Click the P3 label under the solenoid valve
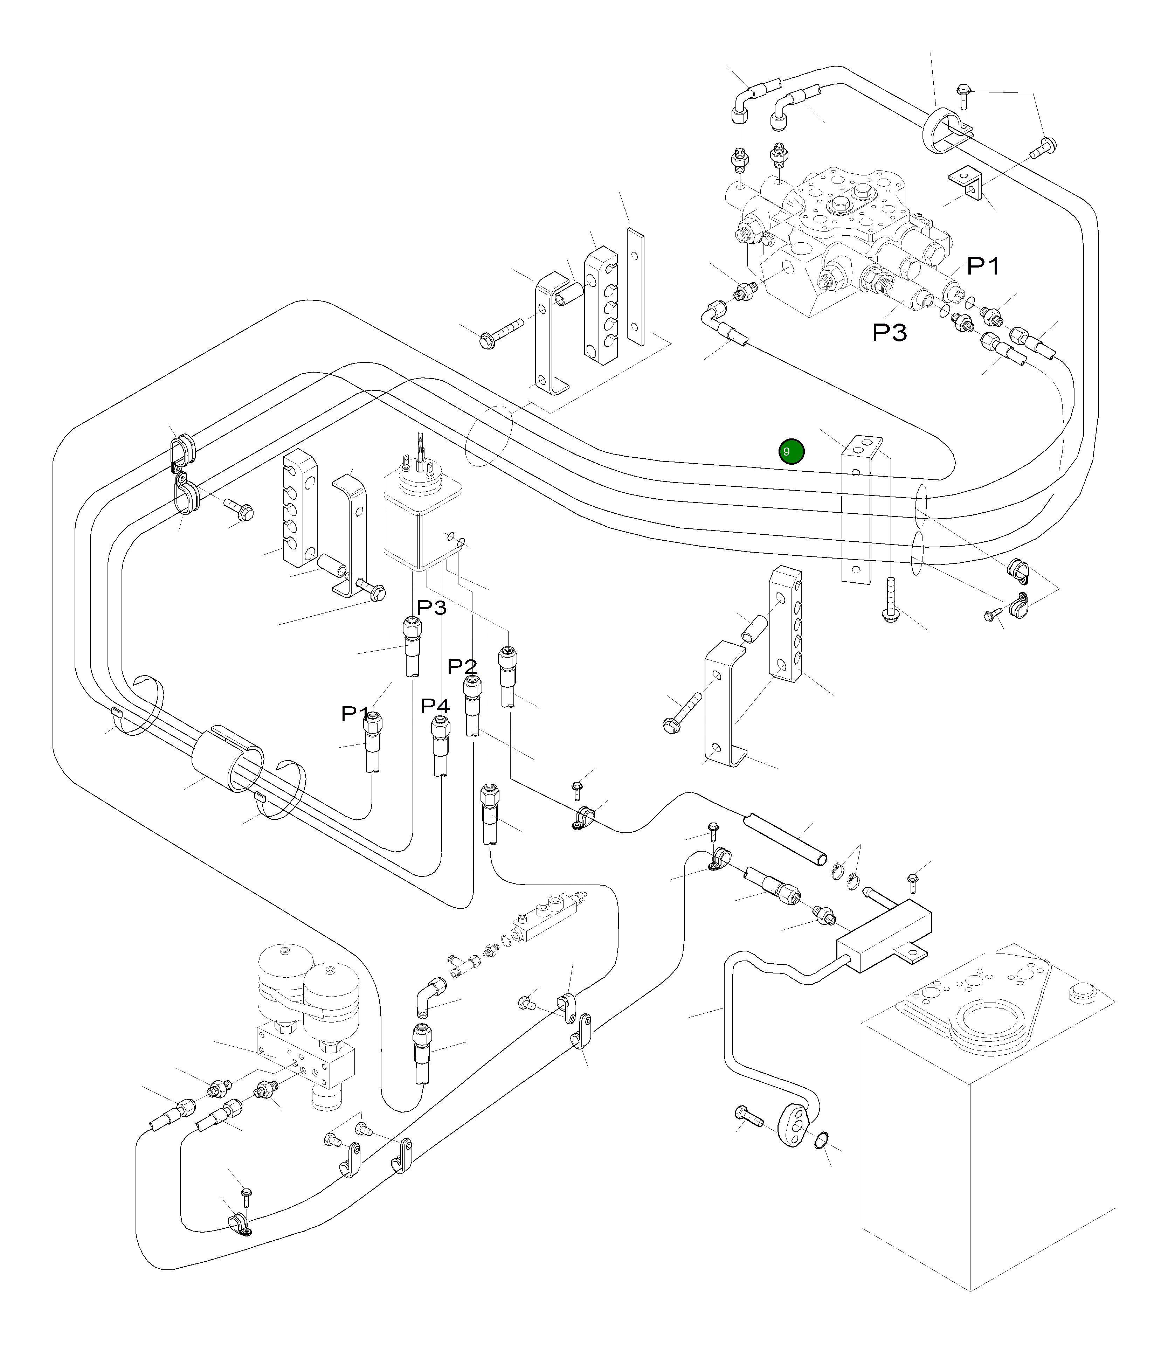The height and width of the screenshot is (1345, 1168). pos(431,607)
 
